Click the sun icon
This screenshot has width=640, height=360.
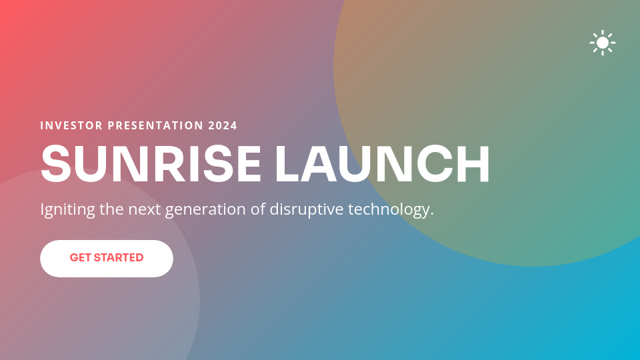[x=603, y=43]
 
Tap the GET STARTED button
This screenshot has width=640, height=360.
[x=107, y=258]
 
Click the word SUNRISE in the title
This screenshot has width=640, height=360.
[x=151, y=164]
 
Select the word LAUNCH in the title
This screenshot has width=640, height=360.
[x=382, y=164]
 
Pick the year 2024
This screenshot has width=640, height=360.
[x=223, y=125]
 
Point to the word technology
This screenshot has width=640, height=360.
[x=393, y=209]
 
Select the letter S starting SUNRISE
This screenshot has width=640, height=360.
[x=55, y=164]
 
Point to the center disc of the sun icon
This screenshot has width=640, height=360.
[x=603, y=43]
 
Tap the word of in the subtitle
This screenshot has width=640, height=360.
[x=258, y=209]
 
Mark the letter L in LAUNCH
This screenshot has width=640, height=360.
[x=288, y=164]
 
